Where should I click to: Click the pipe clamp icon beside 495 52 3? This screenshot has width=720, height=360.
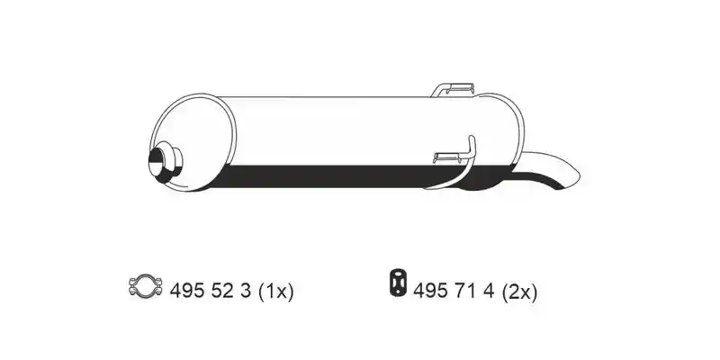[146, 286]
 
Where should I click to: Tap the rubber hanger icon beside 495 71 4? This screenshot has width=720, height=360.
[398, 282]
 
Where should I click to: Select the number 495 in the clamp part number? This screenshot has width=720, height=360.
[185, 291]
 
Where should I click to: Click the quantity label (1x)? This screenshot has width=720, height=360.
[275, 291]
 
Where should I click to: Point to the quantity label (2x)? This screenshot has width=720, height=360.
[519, 291]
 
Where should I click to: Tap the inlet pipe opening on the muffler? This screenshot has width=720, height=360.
[156, 162]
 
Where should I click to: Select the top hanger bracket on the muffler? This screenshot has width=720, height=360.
[453, 89]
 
